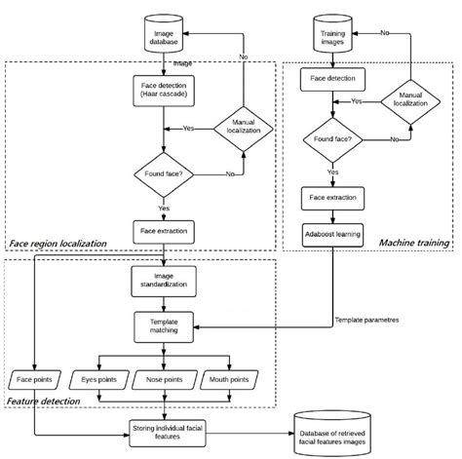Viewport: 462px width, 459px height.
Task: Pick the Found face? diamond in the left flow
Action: click(165, 174)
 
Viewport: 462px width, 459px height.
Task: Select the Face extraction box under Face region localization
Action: click(165, 231)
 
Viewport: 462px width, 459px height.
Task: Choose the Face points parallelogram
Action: click(35, 377)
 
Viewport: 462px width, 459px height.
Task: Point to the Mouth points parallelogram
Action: click(230, 377)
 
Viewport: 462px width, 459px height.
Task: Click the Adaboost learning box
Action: click(334, 235)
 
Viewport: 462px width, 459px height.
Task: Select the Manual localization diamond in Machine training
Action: click(402, 99)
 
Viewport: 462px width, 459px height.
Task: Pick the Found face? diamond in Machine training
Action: click(334, 139)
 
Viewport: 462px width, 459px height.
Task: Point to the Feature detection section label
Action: click(46, 401)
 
